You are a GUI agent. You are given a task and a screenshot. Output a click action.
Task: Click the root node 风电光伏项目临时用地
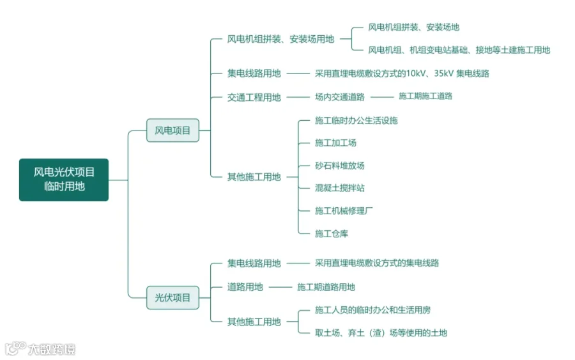(64, 180)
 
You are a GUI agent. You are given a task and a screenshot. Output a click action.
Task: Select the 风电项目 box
(172, 130)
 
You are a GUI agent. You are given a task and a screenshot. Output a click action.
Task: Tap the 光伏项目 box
(172, 297)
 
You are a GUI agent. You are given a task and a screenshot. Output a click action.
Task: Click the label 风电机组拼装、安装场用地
(280, 39)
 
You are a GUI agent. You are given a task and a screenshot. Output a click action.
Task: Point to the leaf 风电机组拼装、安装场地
(413, 27)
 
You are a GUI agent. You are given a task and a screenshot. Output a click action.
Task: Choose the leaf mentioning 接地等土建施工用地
(459, 50)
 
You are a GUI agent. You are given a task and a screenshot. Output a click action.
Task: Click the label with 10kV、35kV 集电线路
(402, 74)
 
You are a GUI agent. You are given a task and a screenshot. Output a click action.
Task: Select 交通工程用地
(254, 97)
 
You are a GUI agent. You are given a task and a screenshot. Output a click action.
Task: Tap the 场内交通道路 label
(339, 97)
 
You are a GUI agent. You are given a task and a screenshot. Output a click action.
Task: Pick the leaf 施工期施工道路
(425, 96)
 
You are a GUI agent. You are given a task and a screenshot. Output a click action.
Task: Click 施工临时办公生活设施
(356, 120)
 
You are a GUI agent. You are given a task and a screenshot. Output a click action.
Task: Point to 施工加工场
(335, 143)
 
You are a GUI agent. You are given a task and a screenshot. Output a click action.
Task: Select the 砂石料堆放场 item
(339, 166)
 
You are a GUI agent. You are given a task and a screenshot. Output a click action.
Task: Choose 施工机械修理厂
(344, 211)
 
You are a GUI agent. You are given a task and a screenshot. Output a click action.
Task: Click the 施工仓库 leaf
(331, 234)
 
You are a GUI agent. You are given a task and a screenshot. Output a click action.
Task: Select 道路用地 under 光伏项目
(245, 287)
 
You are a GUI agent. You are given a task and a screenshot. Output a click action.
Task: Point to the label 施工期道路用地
(326, 287)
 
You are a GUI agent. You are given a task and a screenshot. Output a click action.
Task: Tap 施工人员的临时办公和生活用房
(372, 310)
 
